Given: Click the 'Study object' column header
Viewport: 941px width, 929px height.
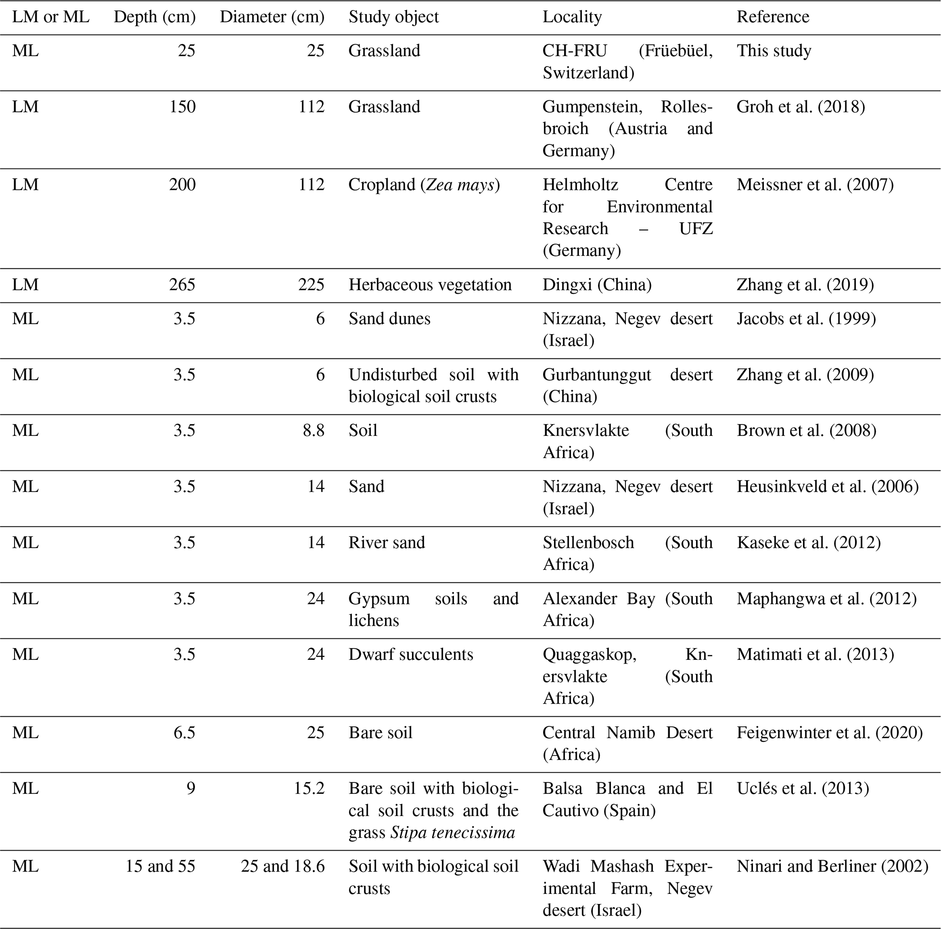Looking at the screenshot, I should pyautogui.click(x=393, y=17).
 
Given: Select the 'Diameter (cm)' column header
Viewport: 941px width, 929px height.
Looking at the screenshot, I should pyautogui.click(x=272, y=17).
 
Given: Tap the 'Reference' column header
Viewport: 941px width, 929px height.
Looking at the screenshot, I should pyautogui.click(x=773, y=17).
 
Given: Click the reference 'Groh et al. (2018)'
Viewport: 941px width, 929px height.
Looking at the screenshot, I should pyautogui.click(x=801, y=107).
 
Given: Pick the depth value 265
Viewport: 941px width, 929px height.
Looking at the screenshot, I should pyautogui.click(x=182, y=285).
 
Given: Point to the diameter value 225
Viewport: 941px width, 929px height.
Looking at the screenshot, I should pyautogui.click(x=311, y=285).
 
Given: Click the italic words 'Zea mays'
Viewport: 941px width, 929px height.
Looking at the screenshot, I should pyautogui.click(x=460, y=185).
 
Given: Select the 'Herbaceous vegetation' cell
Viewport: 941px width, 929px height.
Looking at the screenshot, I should pyautogui.click(x=430, y=285).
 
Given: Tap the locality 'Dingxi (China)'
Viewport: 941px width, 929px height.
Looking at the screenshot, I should pyautogui.click(x=597, y=285).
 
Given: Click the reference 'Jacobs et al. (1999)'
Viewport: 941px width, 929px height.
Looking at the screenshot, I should pyautogui.click(x=806, y=319).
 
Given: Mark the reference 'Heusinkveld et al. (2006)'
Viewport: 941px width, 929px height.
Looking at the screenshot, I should pyautogui.click(x=828, y=487).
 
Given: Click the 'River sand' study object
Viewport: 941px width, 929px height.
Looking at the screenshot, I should pyautogui.click(x=387, y=543).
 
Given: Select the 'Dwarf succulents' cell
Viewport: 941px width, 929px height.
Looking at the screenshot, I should pyautogui.click(x=411, y=654).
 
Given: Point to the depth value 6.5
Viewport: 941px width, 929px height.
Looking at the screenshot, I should pyautogui.click(x=184, y=733).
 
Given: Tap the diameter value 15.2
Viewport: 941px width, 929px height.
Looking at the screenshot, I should pyautogui.click(x=309, y=788).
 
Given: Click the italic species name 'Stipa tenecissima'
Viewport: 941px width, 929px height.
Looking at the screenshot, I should pyautogui.click(x=453, y=832).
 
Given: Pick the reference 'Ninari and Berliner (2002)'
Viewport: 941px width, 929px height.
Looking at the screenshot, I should pyautogui.click(x=832, y=866).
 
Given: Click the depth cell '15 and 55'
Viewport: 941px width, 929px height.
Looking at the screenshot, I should pyautogui.click(x=160, y=866).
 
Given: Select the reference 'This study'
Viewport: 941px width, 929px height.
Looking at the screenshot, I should pyautogui.click(x=774, y=51).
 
